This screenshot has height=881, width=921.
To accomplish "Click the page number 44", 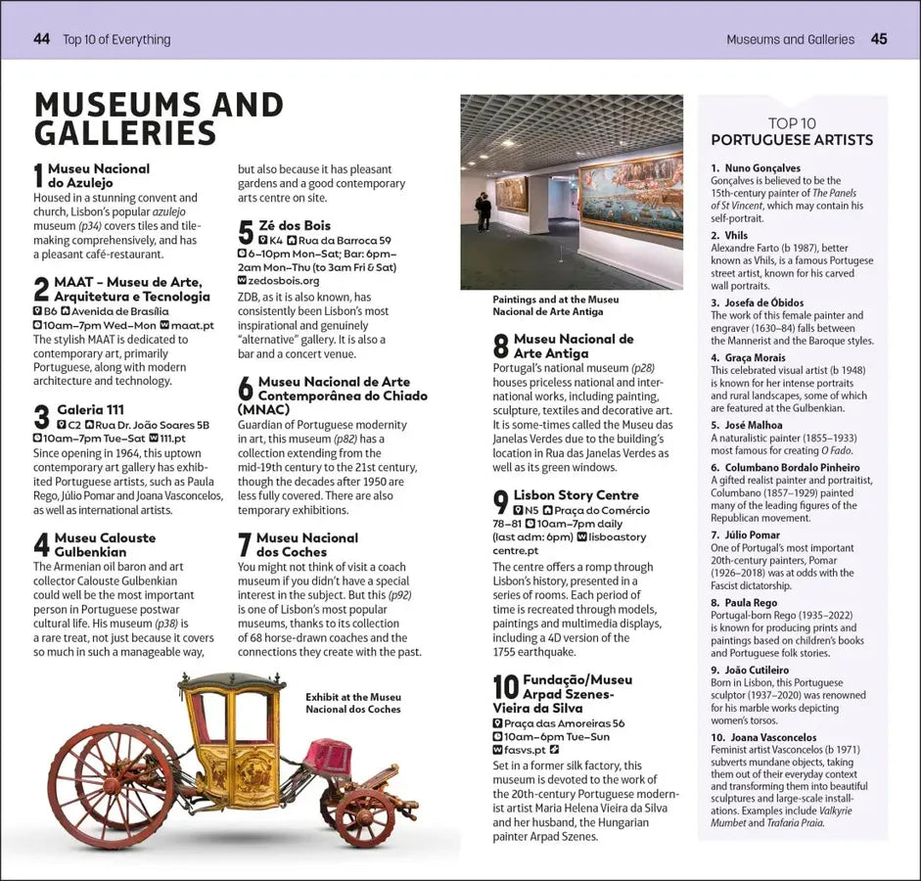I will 41,39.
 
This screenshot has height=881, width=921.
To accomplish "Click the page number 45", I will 878,39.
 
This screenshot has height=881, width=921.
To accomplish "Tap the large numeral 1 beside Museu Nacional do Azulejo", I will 39,176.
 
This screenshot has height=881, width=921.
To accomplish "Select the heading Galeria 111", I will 90,409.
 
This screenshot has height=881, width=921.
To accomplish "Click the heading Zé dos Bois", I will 295,225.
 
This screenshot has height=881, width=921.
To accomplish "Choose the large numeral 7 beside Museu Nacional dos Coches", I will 245,546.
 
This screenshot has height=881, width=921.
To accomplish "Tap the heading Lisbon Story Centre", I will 576,495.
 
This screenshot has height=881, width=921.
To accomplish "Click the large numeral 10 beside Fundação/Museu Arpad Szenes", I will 505,687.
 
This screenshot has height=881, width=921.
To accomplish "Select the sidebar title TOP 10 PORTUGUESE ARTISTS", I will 792,132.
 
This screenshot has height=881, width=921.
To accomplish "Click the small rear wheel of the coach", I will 364,816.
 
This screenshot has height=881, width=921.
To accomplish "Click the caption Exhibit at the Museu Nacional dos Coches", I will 353,703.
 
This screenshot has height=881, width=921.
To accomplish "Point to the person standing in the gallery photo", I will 484,210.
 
